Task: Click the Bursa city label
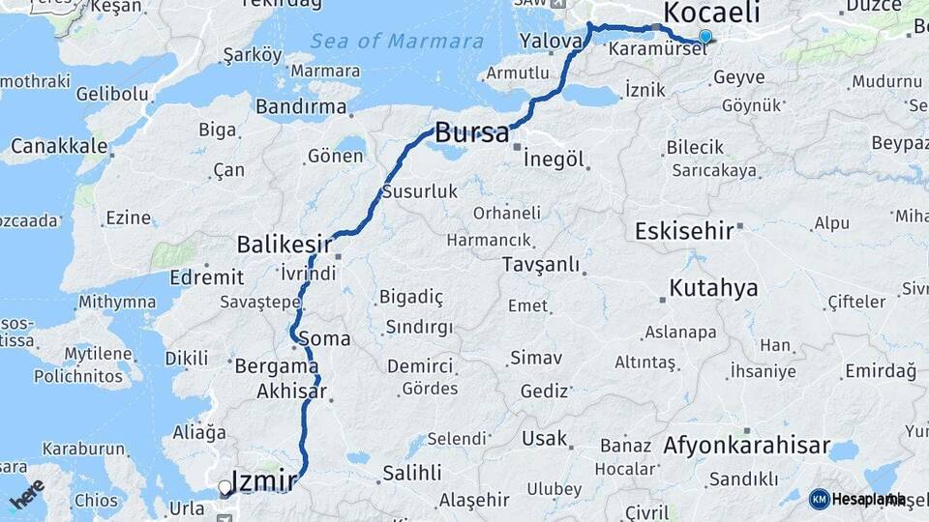pyautogui.click(x=472, y=133)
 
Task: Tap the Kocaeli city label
pyautogui.click(x=712, y=14)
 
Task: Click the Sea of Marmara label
pyautogui.click(x=397, y=42)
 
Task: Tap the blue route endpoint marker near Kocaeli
pyautogui.click(x=704, y=37)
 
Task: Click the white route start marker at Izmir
pyautogui.click(x=225, y=488)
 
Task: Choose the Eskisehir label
pyautogui.click(x=682, y=231)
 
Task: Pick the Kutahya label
pyautogui.click(x=713, y=288)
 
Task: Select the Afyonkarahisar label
pyautogui.click(x=747, y=447)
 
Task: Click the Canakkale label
pyautogui.click(x=58, y=147)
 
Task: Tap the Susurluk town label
pyautogui.click(x=420, y=191)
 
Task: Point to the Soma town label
pyautogui.click(x=325, y=339)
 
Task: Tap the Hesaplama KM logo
pyautogui.click(x=855, y=499)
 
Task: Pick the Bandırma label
pyautogui.click(x=300, y=106)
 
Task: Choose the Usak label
pyautogui.click(x=544, y=439)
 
